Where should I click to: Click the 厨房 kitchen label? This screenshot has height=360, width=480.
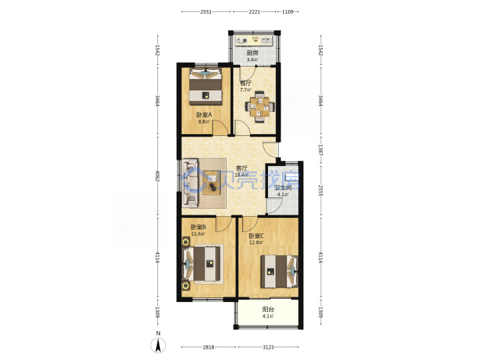point(253,53)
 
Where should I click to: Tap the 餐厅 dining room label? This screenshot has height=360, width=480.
point(245,83)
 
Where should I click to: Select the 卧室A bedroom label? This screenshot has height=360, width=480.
point(204,115)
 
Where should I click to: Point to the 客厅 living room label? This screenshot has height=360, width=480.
point(241,168)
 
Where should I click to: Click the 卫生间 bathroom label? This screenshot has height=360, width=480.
point(283,187)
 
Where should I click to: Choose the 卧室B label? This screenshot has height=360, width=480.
point(199,227)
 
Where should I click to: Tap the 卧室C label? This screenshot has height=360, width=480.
point(256,236)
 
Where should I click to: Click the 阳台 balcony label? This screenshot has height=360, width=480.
point(268,309)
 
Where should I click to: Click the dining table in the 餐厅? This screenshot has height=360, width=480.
point(259,107)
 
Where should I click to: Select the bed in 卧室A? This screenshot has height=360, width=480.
point(205,87)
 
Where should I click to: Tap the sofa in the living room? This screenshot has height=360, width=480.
point(190,183)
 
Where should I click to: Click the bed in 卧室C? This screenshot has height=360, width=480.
point(279,271)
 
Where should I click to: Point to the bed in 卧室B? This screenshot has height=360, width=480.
point(201,263)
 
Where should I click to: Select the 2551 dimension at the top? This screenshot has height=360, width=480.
point(206,12)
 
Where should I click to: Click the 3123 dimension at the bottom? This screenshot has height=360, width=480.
point(268,347)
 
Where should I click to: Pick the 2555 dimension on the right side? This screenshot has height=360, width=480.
point(321,191)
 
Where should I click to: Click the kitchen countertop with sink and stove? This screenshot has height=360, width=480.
point(254,41)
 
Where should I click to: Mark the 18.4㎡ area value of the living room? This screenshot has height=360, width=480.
point(241,175)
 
